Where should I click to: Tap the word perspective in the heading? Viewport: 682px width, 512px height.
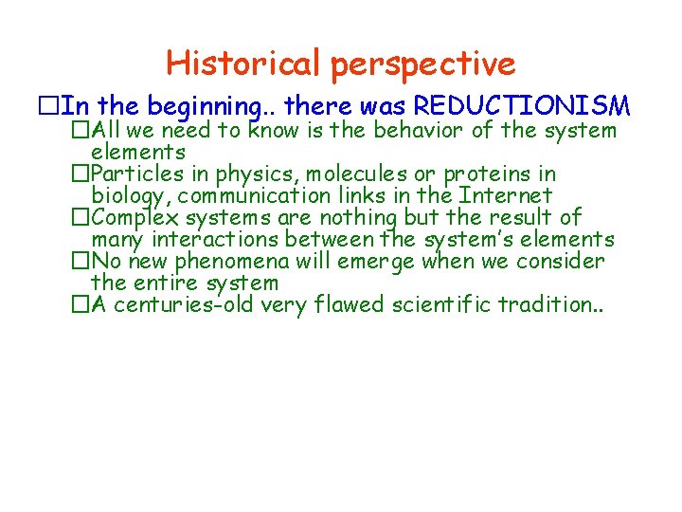tap(423, 64)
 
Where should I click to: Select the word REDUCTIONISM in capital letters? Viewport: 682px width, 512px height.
tap(523, 104)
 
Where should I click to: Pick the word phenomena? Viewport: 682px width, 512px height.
tap(233, 261)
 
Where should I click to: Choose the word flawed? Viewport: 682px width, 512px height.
tap(363, 304)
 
